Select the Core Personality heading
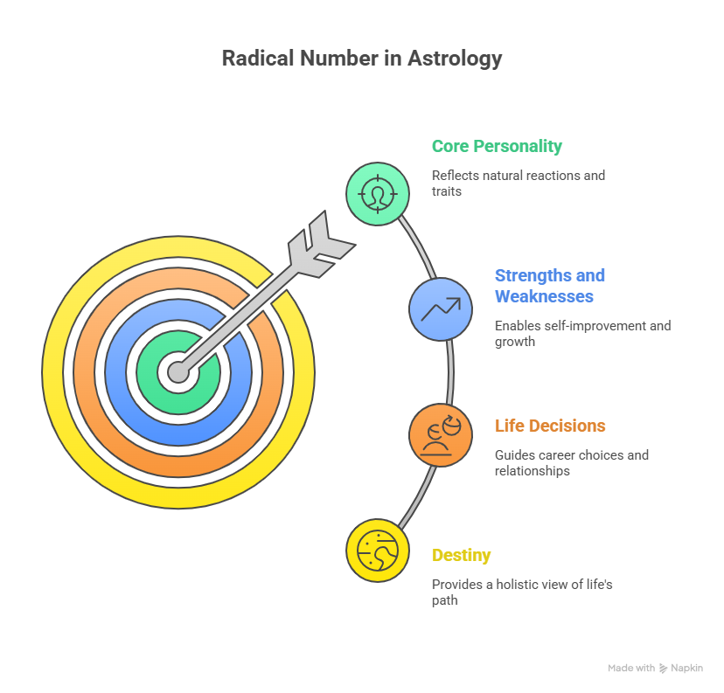[497, 146]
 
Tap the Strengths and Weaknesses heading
[549, 286]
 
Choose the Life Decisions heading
[550, 426]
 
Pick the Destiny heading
[462, 556]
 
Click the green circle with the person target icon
[378, 194]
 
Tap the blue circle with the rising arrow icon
[441, 309]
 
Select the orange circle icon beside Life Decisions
[441, 435]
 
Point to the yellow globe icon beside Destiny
[378, 551]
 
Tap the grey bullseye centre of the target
[178, 372]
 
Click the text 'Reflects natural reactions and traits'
[518, 184]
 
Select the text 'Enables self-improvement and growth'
[582, 334]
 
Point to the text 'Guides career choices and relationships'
[572, 463]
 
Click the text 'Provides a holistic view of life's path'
[522, 593]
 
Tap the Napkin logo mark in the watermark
[664, 668]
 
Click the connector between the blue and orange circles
[450, 372]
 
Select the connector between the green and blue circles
[418, 246]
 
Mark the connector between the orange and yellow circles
[418, 497]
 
